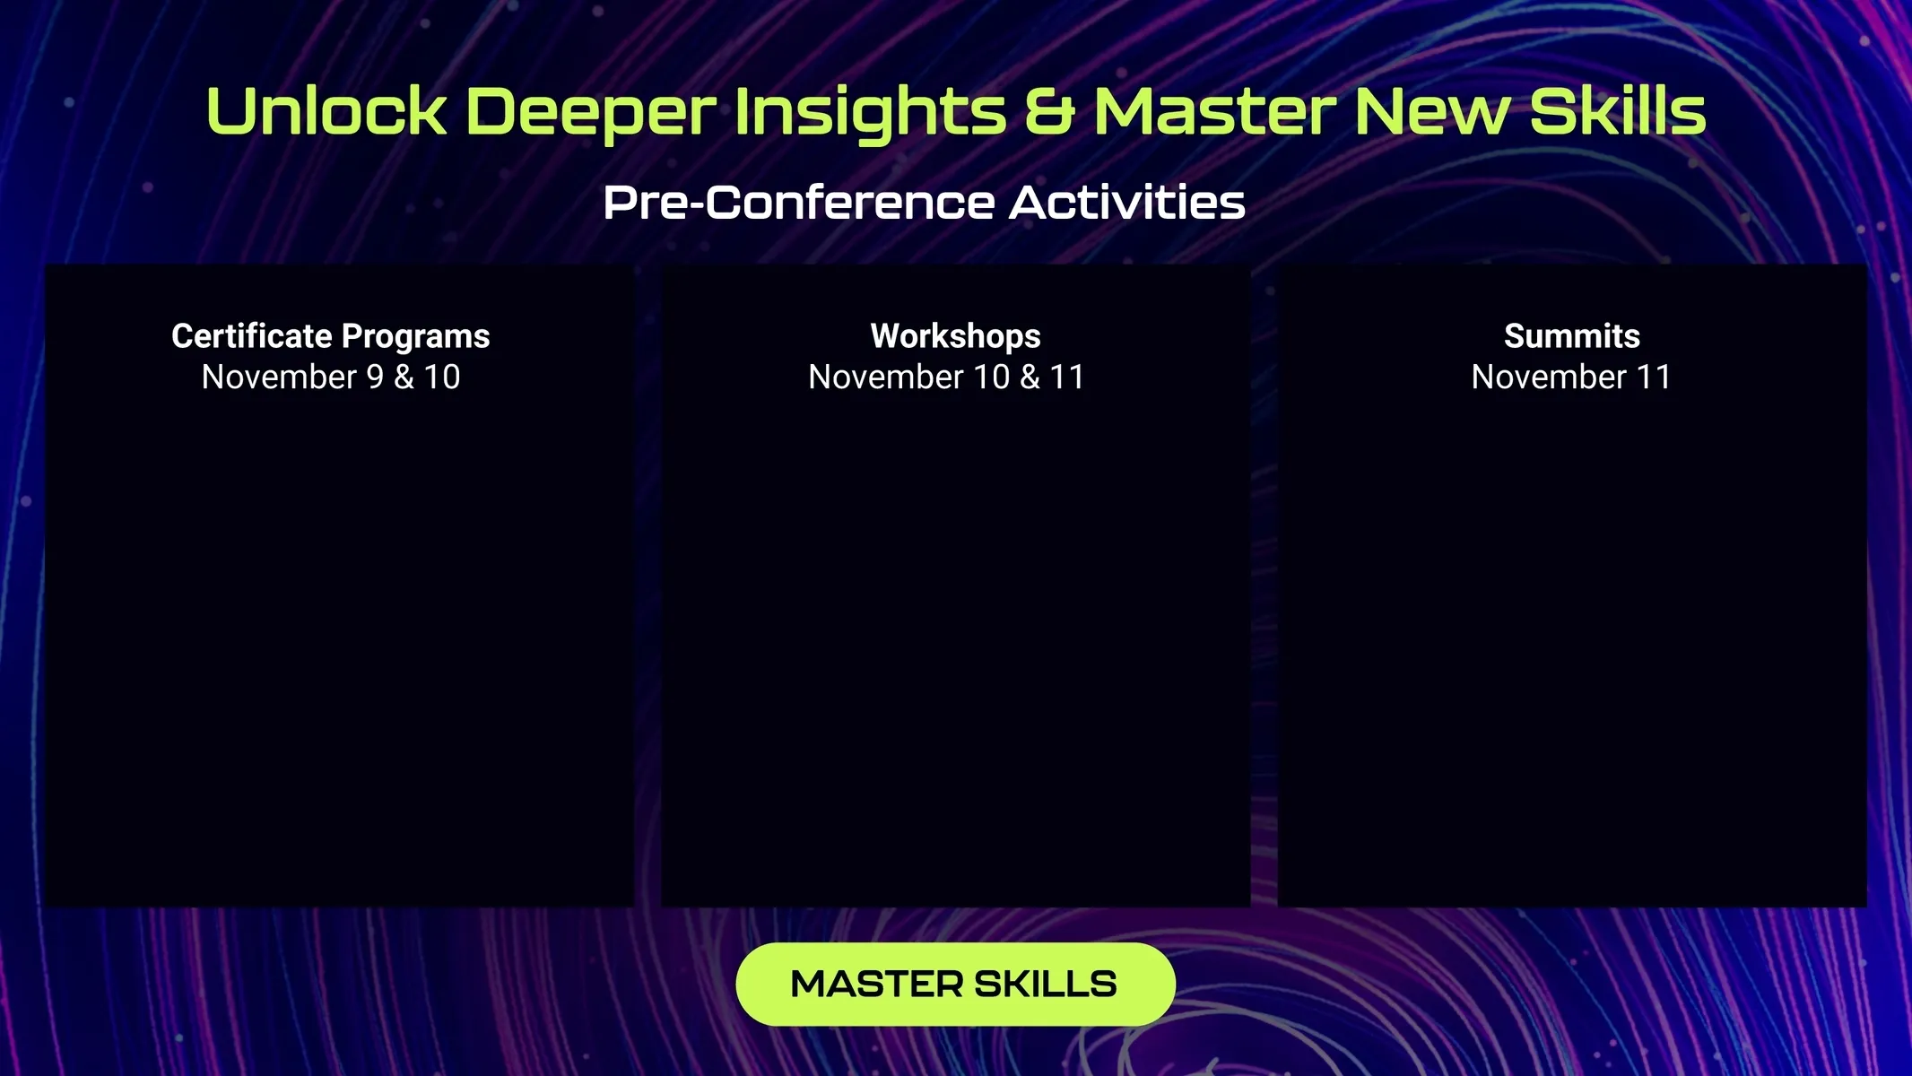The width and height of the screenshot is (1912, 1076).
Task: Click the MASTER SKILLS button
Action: click(955, 984)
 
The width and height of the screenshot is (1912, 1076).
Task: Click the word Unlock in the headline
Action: click(326, 112)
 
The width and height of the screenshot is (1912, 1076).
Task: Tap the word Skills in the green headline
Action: click(1617, 112)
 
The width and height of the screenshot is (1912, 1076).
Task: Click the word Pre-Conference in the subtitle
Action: click(799, 203)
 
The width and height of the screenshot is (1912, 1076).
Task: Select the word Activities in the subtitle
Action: click(1127, 203)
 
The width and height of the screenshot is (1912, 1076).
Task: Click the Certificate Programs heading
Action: click(331, 337)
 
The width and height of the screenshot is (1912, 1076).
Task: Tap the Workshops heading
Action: click(956, 337)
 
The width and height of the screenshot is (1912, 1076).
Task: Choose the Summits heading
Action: click(1572, 336)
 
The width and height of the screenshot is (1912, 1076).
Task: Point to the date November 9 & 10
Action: click(331, 377)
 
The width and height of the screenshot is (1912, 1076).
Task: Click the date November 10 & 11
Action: click(946, 377)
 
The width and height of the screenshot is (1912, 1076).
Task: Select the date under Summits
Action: click(1571, 377)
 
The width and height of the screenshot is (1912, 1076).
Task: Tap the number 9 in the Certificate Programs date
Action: click(376, 377)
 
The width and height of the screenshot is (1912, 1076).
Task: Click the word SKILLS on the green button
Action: click(1046, 985)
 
